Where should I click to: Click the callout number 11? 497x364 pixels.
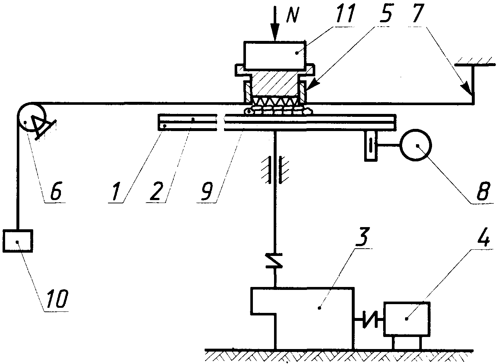tap(344, 13)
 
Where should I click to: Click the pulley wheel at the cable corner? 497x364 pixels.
tap(32, 103)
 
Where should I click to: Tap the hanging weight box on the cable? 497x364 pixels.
tap(18, 241)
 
